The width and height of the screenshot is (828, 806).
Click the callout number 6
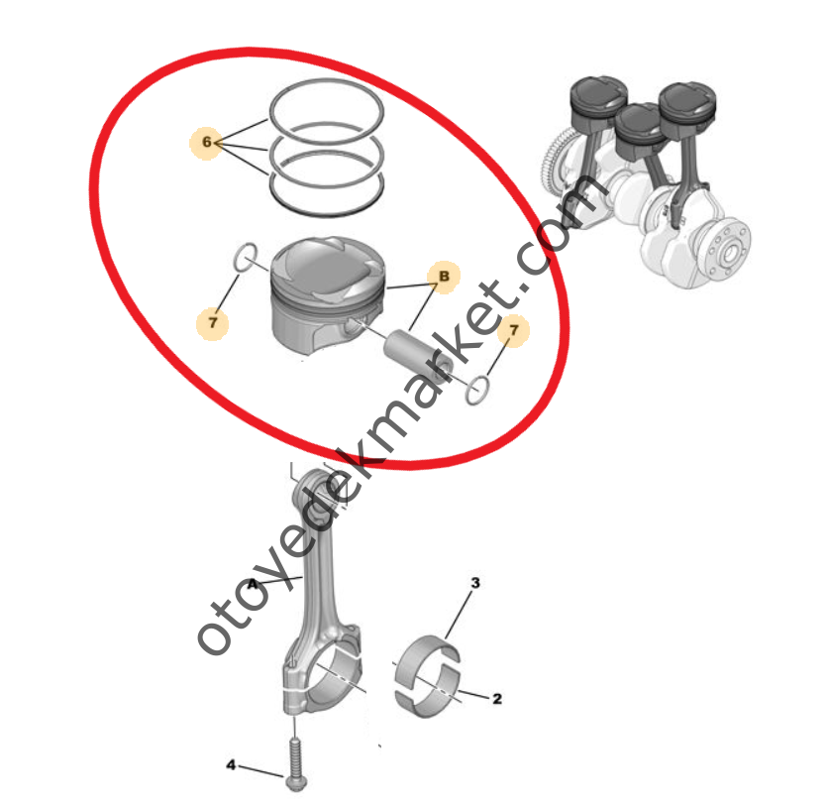[x=206, y=142]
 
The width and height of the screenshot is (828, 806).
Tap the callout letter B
[x=444, y=276]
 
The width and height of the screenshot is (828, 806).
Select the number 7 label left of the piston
[x=213, y=322]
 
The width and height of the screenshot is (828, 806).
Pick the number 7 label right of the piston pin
[x=514, y=330]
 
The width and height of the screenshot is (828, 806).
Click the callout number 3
[x=475, y=582]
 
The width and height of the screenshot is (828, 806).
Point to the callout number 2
[x=497, y=699]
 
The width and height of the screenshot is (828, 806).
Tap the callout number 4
[x=231, y=764]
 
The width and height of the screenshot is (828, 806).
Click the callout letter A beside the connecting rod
[x=253, y=584]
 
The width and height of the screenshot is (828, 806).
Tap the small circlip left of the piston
[x=245, y=257]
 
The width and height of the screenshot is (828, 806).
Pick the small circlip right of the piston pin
[x=477, y=391]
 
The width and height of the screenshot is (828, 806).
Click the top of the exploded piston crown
[x=326, y=269]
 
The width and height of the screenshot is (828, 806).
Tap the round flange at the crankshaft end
[x=729, y=253]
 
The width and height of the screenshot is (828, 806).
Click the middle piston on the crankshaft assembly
[x=639, y=132]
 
